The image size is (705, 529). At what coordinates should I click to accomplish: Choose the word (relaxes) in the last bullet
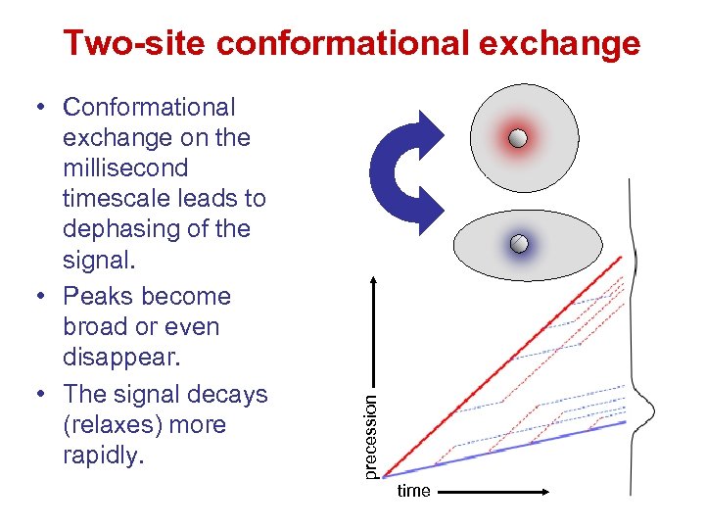point(115,425)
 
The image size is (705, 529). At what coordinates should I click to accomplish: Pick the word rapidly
point(102,456)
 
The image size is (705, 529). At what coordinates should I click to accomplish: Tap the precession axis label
point(370,437)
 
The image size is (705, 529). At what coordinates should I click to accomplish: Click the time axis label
point(413,491)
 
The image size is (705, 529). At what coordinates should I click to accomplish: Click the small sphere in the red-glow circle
point(518,139)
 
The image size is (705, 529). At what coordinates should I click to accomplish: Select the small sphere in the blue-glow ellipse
point(520,242)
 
